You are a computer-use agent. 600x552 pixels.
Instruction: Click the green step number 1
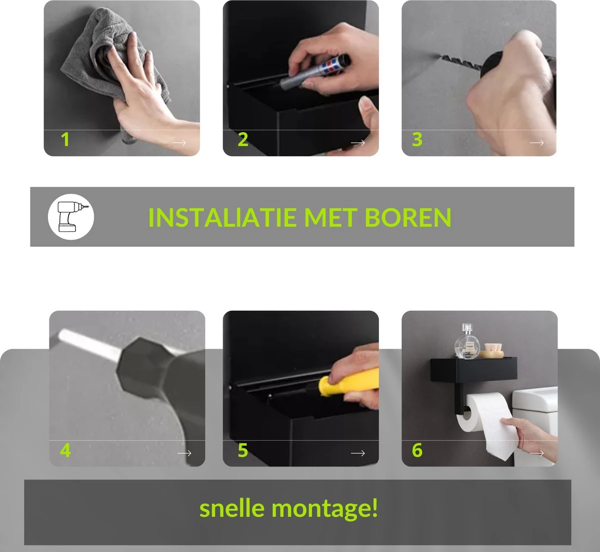tap(65, 140)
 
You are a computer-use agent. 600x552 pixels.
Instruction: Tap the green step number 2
tap(243, 140)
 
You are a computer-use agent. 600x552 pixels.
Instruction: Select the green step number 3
tap(417, 140)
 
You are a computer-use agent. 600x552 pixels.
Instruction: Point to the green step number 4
tap(65, 451)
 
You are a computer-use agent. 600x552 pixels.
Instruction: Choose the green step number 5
tap(243, 451)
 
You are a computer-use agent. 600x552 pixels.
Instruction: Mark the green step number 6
tap(417, 451)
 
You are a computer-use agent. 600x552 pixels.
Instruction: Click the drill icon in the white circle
tap(70, 217)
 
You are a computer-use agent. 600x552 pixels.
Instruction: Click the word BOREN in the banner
tap(407, 218)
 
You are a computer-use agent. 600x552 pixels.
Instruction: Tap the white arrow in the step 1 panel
tap(178, 143)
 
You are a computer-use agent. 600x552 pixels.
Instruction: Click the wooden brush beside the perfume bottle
tap(492, 350)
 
